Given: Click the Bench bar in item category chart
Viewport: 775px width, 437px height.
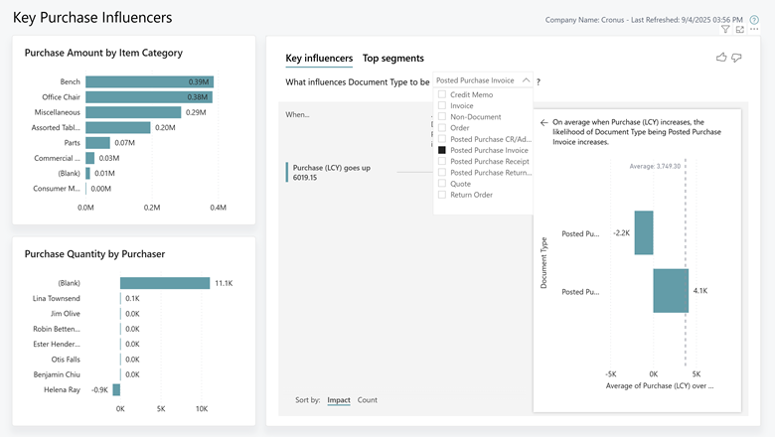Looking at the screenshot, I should (x=149, y=82).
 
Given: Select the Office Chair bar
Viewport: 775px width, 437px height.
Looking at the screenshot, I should (x=149, y=97).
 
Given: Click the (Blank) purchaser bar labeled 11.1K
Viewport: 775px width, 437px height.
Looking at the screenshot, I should (x=164, y=283).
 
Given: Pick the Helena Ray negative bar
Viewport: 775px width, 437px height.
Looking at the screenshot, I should (x=116, y=390).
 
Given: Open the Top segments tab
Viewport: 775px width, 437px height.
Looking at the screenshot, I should (x=392, y=59).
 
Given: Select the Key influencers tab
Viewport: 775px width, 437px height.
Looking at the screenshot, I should (x=318, y=59).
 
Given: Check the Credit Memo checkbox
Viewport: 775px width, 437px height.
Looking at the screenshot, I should (x=442, y=94).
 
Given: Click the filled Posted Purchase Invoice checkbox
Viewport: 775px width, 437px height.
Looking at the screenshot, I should (x=442, y=150).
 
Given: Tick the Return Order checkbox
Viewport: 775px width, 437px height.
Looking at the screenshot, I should (x=442, y=195).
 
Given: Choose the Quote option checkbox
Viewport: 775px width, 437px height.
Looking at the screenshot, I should (x=442, y=184).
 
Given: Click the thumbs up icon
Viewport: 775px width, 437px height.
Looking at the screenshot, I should (x=721, y=58).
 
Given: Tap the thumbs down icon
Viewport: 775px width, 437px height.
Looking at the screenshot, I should (x=737, y=58).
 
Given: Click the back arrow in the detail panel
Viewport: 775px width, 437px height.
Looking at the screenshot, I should (x=543, y=123).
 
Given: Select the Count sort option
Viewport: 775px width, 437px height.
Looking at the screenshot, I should (x=367, y=399).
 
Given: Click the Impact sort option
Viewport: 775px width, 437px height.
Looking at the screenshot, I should (x=339, y=399).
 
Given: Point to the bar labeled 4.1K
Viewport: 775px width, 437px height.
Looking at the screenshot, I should (x=671, y=291).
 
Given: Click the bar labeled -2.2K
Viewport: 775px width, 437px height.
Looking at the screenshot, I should (x=644, y=233).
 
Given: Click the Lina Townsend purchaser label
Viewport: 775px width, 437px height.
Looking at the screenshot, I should (x=58, y=298).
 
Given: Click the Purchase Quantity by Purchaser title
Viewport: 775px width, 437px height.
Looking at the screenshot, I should (x=94, y=253).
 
